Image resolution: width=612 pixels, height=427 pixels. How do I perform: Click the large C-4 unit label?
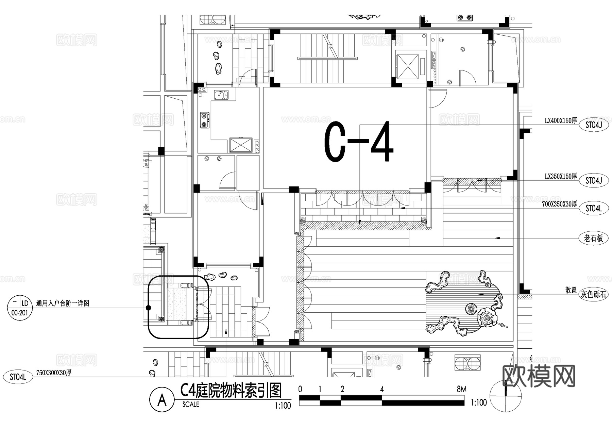click(359, 142)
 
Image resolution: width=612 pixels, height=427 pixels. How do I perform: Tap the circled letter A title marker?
click(162, 400)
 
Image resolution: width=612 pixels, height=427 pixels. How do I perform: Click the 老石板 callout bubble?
click(593, 238)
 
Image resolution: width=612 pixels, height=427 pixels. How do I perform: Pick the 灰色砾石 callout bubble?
click(593, 294)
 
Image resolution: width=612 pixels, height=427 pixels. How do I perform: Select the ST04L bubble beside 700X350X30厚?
click(594, 208)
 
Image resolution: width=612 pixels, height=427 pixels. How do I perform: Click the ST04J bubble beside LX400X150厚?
click(594, 125)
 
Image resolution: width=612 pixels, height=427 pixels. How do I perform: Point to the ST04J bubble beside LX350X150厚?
click(594, 181)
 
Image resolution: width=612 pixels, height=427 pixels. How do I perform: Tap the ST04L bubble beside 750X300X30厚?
click(18, 377)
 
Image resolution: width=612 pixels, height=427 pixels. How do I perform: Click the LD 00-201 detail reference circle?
click(19, 308)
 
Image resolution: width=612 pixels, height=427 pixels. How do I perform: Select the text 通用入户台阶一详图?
click(63, 303)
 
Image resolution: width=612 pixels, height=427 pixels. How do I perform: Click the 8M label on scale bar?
click(461, 389)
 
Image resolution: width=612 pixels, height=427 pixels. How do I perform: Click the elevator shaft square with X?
click(407, 66)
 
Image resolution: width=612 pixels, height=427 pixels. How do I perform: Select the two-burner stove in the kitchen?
click(204, 120)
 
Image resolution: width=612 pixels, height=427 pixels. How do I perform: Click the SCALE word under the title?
click(190, 405)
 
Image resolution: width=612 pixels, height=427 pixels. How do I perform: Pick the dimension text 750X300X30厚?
click(54, 373)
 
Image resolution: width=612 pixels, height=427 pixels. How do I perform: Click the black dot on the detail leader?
click(148, 308)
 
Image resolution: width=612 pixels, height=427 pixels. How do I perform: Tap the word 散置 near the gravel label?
click(571, 290)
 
